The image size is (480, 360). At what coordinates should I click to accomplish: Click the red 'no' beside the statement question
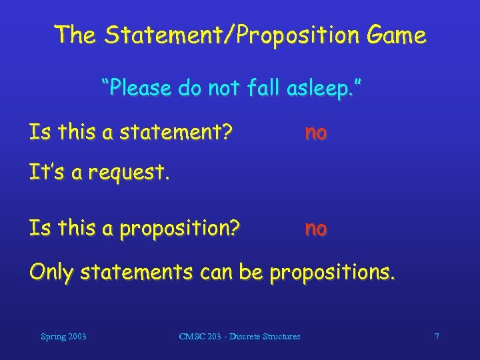316,133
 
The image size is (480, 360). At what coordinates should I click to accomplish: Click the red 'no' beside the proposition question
316,229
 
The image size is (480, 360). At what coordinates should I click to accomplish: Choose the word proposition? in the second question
180,229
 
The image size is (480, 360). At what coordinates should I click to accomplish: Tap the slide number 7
437,337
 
